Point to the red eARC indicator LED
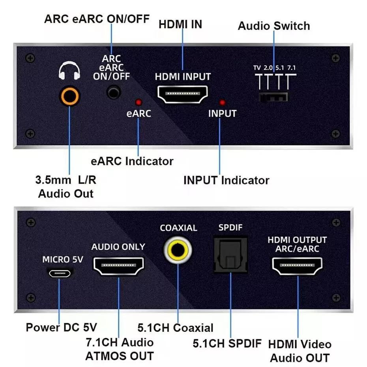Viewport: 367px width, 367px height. [x=138, y=102]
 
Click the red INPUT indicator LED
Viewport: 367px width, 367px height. [x=222, y=102]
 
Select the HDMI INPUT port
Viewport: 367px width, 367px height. [x=183, y=94]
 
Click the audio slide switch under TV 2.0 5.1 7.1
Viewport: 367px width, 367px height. [x=273, y=97]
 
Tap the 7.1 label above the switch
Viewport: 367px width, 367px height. [x=292, y=67]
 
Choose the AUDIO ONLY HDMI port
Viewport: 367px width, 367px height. [x=118, y=266]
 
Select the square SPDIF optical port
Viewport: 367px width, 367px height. [x=230, y=255]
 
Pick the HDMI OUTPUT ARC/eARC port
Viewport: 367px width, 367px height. [x=297, y=266]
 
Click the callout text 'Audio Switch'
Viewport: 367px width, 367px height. [x=274, y=26]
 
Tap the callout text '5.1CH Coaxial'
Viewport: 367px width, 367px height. [x=175, y=328]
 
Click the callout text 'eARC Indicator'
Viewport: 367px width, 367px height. [x=132, y=161]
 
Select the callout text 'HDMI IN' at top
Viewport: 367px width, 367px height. [x=180, y=24]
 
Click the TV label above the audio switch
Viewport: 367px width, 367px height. [x=257, y=67]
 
